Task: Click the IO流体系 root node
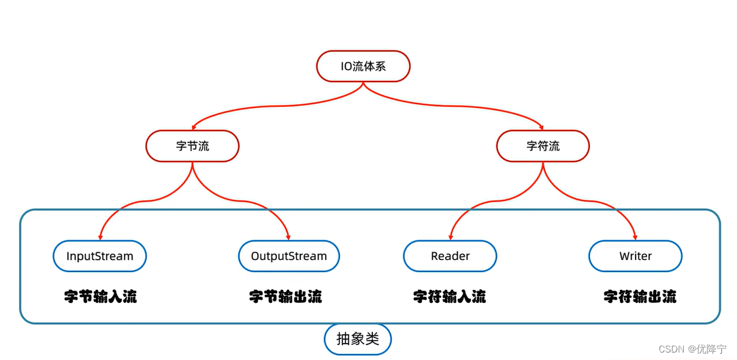tap(363, 67)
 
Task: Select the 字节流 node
tap(192, 146)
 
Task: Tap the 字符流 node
tap(542, 146)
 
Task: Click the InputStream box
tap(99, 257)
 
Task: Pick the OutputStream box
tap(289, 257)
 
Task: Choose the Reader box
tap(450, 257)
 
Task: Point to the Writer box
tap(635, 257)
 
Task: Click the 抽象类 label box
tap(357, 339)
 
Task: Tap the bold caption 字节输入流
tap(100, 297)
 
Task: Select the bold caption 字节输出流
tap(285, 297)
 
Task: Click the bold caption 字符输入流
tap(449, 297)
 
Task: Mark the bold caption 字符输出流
tap(640, 297)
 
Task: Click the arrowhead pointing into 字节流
tap(193, 127)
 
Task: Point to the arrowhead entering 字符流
tap(542, 127)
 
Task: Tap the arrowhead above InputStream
tap(100, 236)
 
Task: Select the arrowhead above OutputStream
tap(289, 236)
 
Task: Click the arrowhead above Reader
tap(451, 236)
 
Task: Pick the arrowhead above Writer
tap(635, 236)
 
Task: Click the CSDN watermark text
tap(671, 348)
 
